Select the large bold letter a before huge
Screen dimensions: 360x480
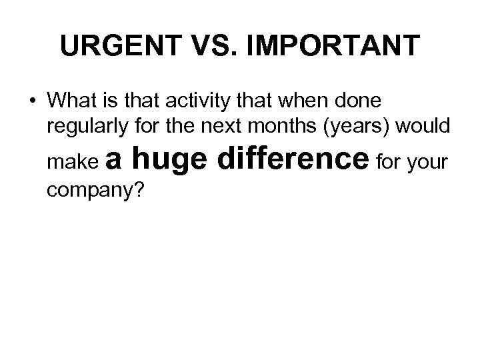click(x=113, y=161)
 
